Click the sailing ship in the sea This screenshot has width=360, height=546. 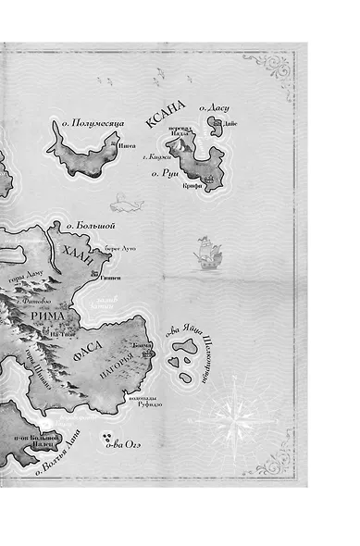pos(205,251)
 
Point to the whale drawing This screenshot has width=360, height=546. pos(122,198)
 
